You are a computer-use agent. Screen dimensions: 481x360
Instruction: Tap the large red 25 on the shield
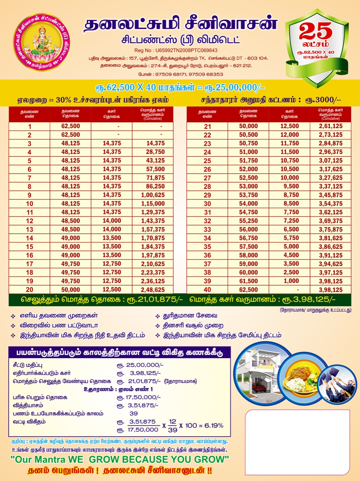pyautogui.click(x=315, y=31)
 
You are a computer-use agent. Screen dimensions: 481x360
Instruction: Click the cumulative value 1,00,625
pyautogui.click(x=153, y=195)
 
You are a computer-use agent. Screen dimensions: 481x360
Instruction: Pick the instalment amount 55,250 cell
pyautogui.click(x=249, y=221)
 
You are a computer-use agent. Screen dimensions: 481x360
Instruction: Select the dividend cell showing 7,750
pyautogui.click(x=289, y=212)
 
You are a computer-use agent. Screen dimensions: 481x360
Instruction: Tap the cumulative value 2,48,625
pyautogui.click(x=153, y=290)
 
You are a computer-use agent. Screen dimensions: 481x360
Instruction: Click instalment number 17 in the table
pyautogui.click(x=29, y=264)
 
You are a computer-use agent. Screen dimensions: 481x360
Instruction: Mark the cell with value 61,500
pyautogui.click(x=249, y=281)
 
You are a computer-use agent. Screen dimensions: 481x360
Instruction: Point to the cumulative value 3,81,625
pyautogui.click(x=331, y=238)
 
